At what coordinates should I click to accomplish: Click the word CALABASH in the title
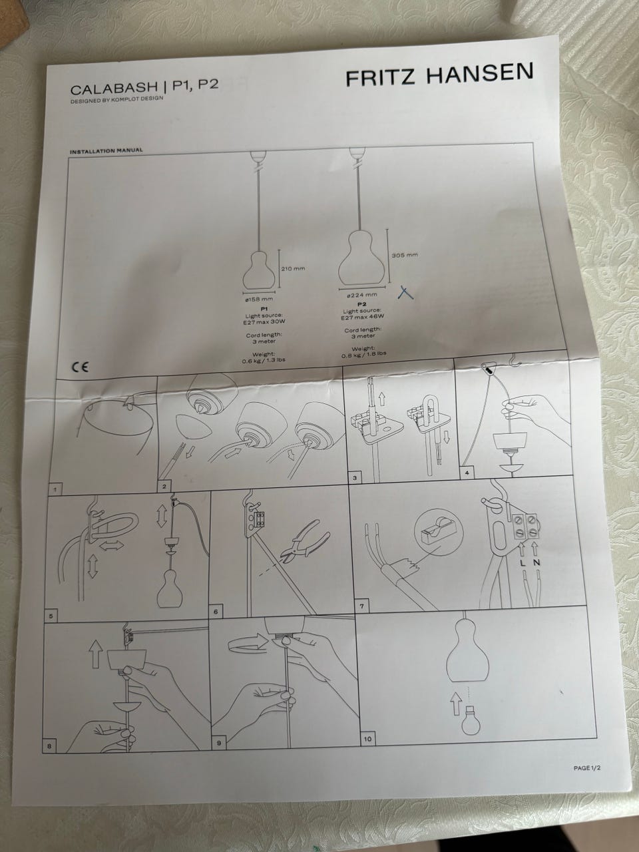coord(114,88)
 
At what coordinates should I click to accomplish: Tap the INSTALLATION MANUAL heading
coord(106,150)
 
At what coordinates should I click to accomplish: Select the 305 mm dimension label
coord(403,255)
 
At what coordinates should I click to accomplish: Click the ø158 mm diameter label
coord(259,299)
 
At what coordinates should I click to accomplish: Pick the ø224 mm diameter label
coord(361,296)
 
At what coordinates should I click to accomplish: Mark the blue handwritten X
coord(405,292)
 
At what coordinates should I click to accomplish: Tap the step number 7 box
coord(361,606)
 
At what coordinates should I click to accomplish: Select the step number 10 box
coord(367,739)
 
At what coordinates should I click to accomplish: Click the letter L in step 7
coord(523,564)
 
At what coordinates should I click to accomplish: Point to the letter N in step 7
coord(537,562)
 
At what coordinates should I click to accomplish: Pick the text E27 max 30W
coord(263,321)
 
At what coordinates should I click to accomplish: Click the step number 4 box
coord(467,473)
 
